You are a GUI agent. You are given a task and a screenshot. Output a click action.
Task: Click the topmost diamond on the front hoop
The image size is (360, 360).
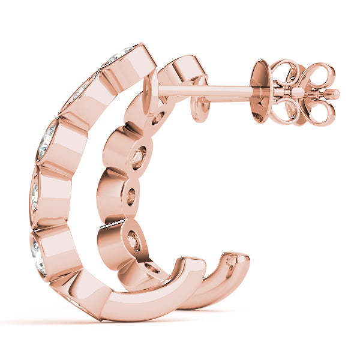coord(120,55)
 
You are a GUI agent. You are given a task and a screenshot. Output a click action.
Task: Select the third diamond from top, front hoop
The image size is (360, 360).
coord(47,140)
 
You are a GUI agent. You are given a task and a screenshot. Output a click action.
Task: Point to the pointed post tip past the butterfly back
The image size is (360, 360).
coord(332,94)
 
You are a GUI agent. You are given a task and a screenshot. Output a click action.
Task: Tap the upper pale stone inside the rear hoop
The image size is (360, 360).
coord(140,157)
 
